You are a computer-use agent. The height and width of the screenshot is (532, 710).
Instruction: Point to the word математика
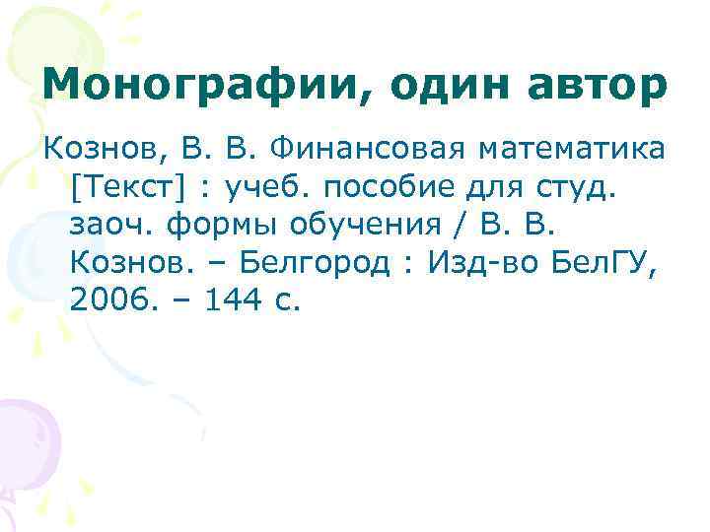(573, 152)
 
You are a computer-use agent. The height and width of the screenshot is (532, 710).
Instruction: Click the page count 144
(230, 299)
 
